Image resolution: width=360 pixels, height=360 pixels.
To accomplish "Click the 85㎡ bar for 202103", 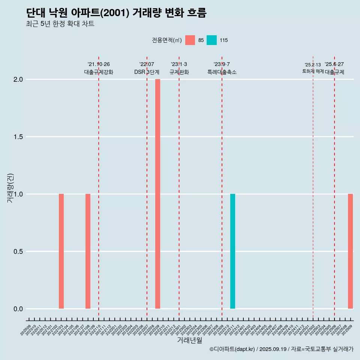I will point(61,251).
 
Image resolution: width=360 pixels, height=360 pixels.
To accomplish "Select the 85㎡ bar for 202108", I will point(88,251).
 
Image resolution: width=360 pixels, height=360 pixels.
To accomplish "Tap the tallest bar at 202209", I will point(157,194).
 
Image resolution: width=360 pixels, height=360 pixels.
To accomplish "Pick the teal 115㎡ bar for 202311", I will point(232,251).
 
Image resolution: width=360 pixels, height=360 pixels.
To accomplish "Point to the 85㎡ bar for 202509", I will point(350,251).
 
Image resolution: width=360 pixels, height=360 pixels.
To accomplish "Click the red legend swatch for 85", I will point(190,40).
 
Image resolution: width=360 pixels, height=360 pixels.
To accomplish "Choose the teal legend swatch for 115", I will point(211,40).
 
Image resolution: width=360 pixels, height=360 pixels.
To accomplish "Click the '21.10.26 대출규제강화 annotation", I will point(99,68).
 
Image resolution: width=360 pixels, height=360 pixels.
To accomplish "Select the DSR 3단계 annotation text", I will point(147,72).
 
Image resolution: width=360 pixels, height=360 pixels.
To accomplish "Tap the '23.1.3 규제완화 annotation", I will point(179,68).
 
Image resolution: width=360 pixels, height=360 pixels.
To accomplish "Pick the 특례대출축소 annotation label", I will point(222,72).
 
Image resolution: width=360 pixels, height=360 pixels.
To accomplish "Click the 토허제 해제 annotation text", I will point(313,71).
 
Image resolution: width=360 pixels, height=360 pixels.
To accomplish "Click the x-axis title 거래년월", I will point(189,340).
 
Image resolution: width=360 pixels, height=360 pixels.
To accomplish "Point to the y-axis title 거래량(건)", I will point(10,188).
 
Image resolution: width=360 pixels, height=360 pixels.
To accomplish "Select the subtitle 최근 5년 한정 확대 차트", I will point(60,24).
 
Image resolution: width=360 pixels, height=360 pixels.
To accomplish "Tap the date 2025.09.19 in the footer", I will point(273,349).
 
